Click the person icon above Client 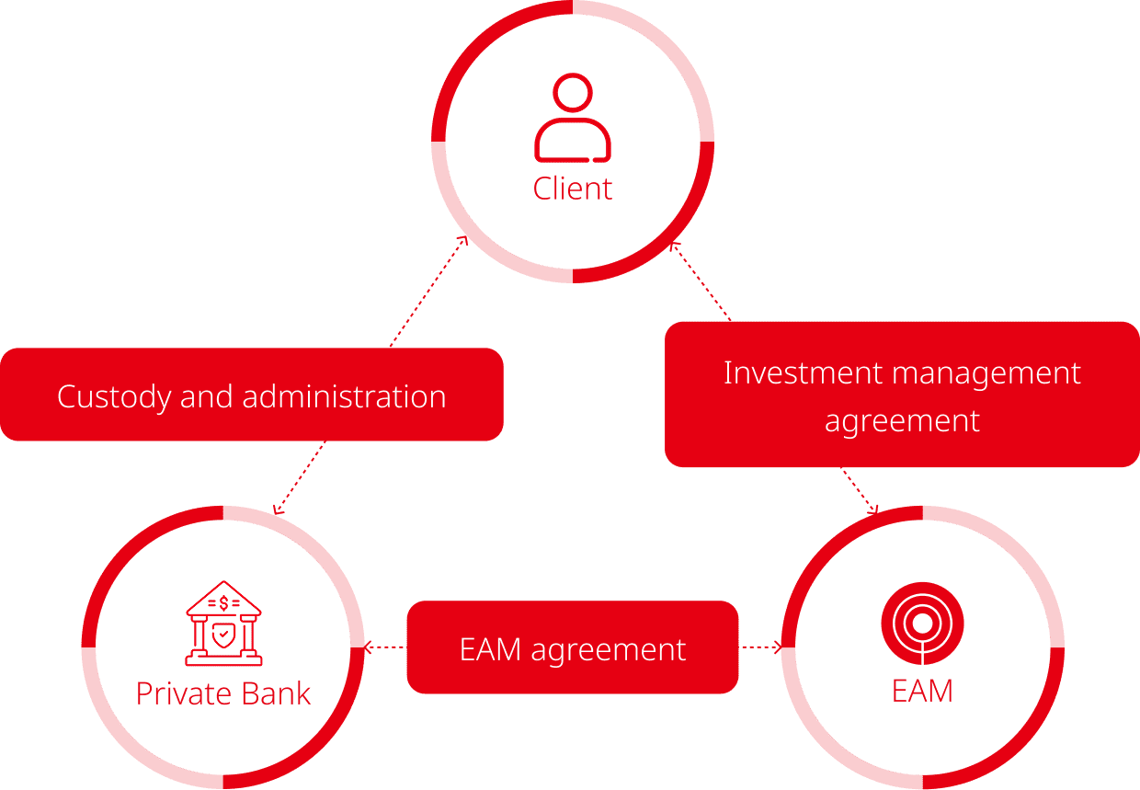pyautogui.click(x=573, y=119)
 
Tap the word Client pyautogui.click(x=573, y=189)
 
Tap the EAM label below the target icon pyautogui.click(x=922, y=691)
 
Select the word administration pyautogui.click(x=344, y=396)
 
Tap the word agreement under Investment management pyautogui.click(x=902, y=421)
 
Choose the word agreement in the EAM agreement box pyautogui.click(x=609, y=649)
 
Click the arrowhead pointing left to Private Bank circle pyautogui.click(x=370, y=647)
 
